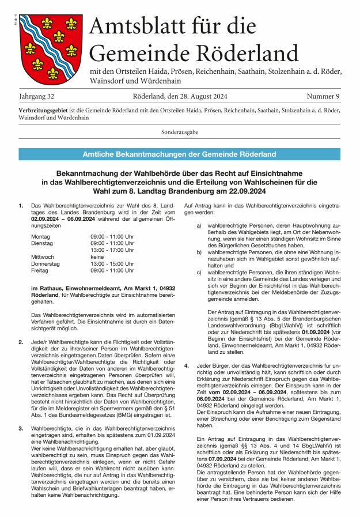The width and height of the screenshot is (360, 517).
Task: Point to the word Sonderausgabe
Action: pyautogui.click(x=180, y=132)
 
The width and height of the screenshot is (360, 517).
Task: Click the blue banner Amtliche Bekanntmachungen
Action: pyautogui.click(x=180, y=154)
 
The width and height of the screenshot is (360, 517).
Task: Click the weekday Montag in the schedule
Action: pyautogui.click(x=41, y=236)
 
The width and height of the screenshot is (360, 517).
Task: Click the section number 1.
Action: pyautogui.click(x=21, y=206)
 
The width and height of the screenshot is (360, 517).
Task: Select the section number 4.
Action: pyautogui.click(x=186, y=365)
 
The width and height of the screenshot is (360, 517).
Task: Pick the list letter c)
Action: pyautogui.click(x=199, y=288)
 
